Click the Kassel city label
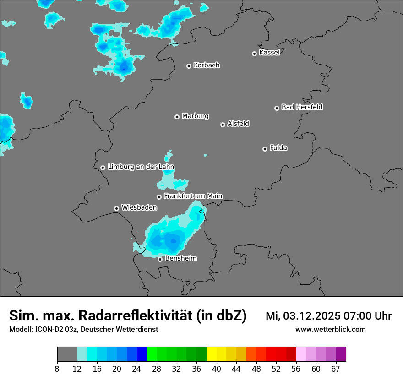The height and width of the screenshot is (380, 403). [x=269, y=53]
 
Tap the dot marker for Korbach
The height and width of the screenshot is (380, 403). [x=189, y=66]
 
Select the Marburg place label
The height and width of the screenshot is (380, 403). [x=195, y=116]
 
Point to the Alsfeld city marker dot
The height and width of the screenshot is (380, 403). [x=223, y=125]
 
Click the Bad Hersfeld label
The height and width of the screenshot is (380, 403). [x=302, y=107]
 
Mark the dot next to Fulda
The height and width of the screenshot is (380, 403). [x=265, y=149]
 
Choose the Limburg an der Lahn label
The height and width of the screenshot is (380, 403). [x=141, y=167]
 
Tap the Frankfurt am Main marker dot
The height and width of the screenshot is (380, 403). [x=159, y=197]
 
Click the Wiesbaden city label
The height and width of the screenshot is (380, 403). [x=139, y=208]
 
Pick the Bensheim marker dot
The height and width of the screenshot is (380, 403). [x=160, y=260]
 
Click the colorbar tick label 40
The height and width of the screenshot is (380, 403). [x=217, y=369]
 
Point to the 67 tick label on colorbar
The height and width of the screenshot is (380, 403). [x=336, y=369]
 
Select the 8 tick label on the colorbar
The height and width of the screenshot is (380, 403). [x=57, y=369]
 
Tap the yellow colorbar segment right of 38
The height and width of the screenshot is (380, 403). [x=212, y=354]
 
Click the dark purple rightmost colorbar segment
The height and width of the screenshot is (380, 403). [x=341, y=354]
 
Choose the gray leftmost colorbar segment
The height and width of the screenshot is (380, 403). [x=67, y=354]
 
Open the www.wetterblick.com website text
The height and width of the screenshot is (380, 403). [x=330, y=330]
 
